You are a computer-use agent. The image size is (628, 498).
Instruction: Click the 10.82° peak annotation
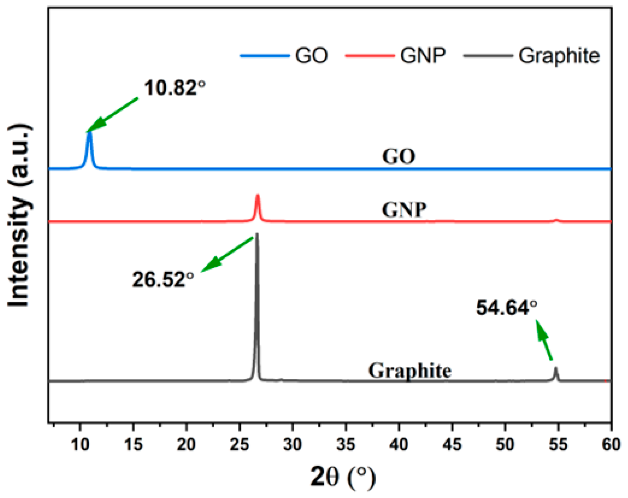coord(175,88)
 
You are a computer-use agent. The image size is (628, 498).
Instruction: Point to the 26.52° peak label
coord(163,280)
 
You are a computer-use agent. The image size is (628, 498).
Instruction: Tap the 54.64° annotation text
coord(507,308)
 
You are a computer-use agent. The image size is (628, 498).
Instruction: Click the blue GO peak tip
coord(90,133)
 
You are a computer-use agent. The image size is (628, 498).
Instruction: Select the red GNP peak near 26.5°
coord(257,196)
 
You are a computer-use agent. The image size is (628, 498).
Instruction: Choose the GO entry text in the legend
coord(312,56)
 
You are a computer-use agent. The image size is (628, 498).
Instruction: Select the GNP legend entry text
coord(423,56)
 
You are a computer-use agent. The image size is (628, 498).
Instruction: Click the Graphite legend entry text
coord(559,56)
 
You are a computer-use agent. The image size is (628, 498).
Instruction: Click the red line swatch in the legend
coord(370,56)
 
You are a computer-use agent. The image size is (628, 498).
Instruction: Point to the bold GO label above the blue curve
coord(399,157)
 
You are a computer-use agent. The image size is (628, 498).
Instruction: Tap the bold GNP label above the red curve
coord(404,210)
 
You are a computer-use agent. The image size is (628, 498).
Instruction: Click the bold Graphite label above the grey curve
coord(410,370)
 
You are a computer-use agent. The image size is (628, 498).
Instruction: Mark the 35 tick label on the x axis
coord(346,444)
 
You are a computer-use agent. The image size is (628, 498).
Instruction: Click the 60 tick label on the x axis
coord(611,444)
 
